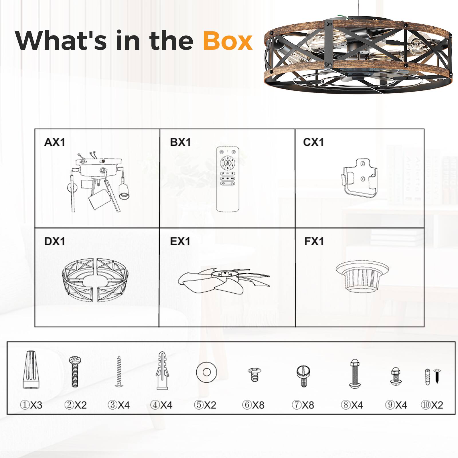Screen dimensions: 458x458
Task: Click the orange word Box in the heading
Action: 228,41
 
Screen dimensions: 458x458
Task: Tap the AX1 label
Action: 55,142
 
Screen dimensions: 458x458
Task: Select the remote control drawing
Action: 228,179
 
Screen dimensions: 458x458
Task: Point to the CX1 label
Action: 313,142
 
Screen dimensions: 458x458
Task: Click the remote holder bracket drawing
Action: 360,178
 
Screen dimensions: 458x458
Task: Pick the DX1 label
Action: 55,241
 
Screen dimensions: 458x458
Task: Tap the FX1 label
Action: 314,241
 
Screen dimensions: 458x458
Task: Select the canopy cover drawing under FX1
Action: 362,276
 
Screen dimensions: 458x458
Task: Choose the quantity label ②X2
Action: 75,405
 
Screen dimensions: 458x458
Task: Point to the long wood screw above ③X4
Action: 119,371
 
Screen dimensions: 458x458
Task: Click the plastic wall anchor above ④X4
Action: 162,370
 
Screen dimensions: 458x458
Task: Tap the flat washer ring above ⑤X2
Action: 207,372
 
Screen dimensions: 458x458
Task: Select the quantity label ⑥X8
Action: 253,405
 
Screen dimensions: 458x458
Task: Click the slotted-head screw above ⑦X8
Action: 303,376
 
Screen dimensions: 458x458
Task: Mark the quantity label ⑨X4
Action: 396,405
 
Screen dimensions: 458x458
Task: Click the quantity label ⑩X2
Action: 432,405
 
